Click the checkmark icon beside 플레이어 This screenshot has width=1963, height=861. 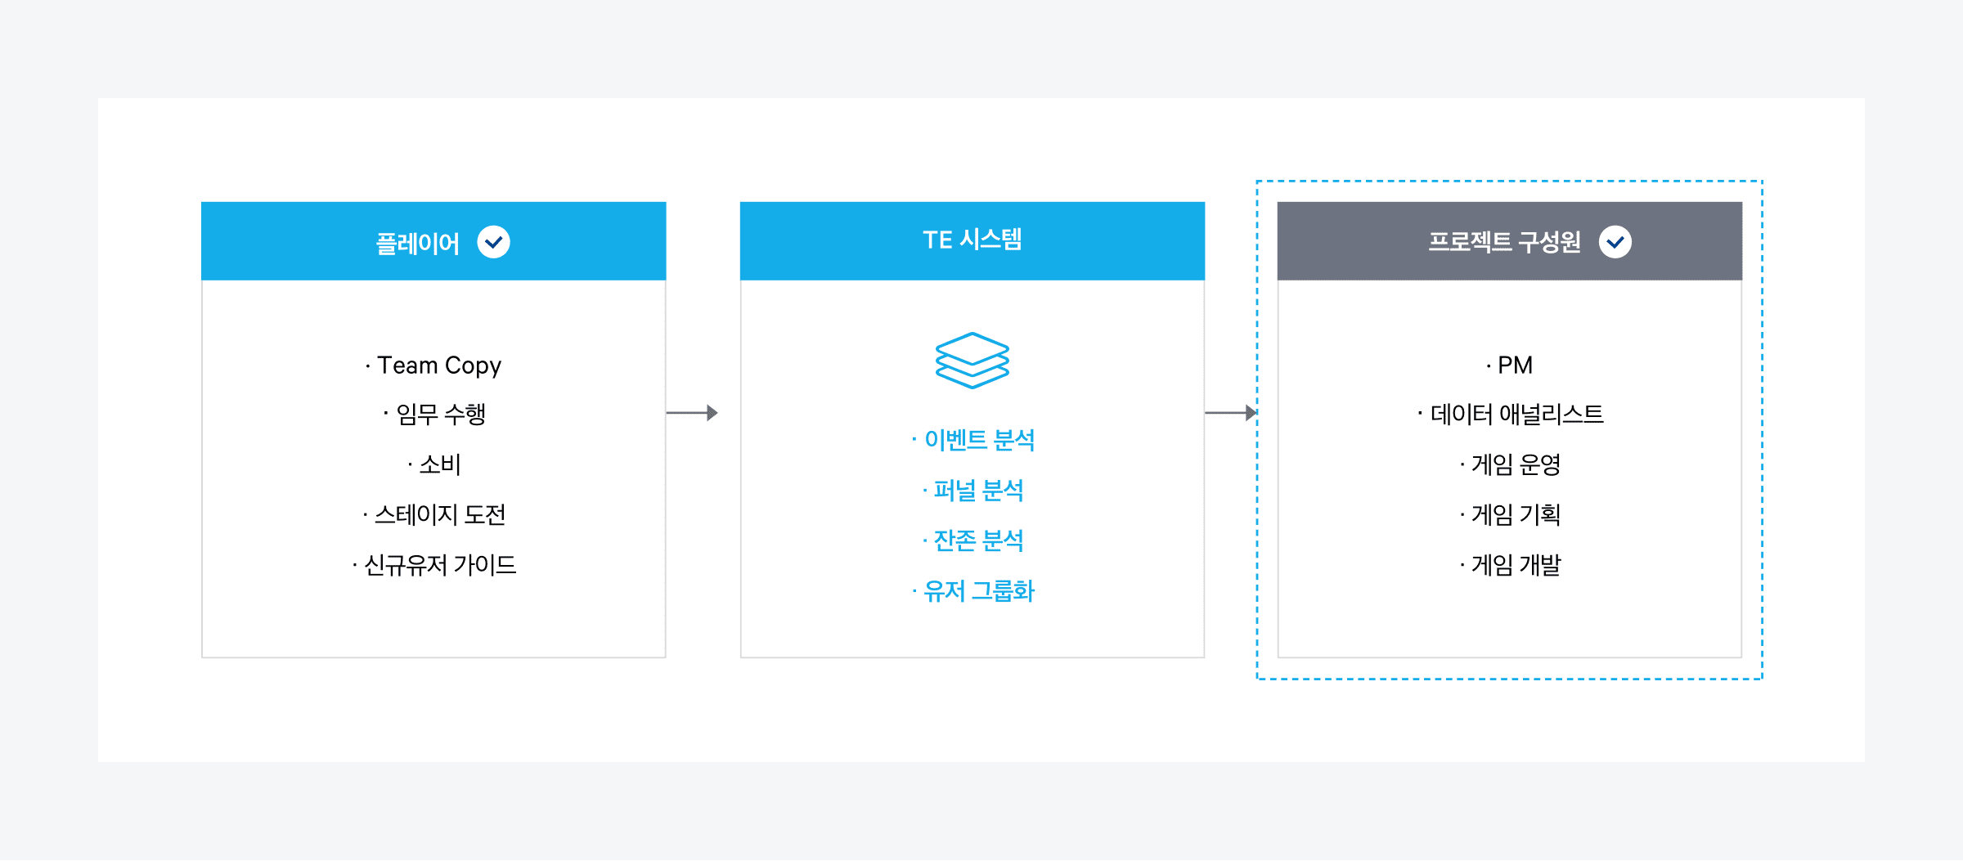click(493, 242)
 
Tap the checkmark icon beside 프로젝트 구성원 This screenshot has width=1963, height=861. click(1615, 242)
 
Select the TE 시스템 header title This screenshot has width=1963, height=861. click(972, 240)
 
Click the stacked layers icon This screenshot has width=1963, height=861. click(972, 361)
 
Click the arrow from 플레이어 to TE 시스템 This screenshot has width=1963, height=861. click(692, 413)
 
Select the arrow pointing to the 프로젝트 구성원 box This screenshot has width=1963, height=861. click(1230, 413)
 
